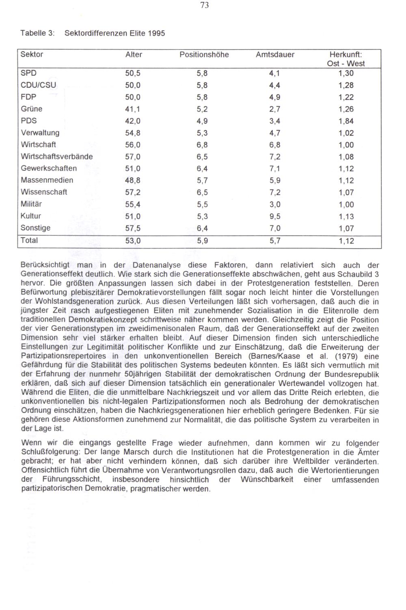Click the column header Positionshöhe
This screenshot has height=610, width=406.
pos(204,54)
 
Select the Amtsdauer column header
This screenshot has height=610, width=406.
pos(275,54)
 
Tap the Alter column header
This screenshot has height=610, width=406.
pos(134,54)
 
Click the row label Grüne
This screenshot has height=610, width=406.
pos(32,109)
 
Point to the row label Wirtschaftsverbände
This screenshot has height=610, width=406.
pos(57,156)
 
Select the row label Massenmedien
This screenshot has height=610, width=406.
pos(47,180)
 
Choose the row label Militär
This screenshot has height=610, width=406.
pos(32,204)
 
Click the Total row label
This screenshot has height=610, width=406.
pos(29,240)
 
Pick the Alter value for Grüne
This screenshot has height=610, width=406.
pos(133,109)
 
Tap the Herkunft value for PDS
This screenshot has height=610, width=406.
pos(346,121)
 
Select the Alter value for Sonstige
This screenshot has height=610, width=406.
pos(133,228)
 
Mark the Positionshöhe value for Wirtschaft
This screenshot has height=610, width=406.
pos(202,145)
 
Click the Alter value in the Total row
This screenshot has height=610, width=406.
pos(133,241)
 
